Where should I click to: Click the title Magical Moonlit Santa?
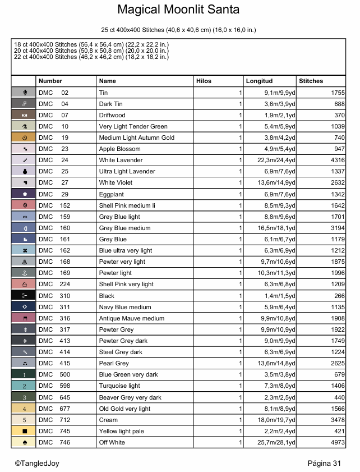tap(178, 10)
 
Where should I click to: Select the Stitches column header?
tap(311, 81)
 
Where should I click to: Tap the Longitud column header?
tap(259, 81)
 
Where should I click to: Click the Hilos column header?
tap(204, 81)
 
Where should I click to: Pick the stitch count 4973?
tap(334, 443)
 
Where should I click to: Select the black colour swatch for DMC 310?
tap(24, 296)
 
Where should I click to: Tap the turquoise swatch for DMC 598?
tap(24, 386)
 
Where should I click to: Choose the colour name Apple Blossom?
tap(119, 149)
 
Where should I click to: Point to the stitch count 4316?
tap(334, 161)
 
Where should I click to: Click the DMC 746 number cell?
tap(54, 443)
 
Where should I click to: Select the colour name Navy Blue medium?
tap(125, 307)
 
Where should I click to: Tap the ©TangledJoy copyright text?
tap(36, 463)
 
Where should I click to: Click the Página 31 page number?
tap(324, 463)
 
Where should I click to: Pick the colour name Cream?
tap(108, 420)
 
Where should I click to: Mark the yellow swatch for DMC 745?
tap(24, 431)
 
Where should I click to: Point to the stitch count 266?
tap(339, 296)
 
